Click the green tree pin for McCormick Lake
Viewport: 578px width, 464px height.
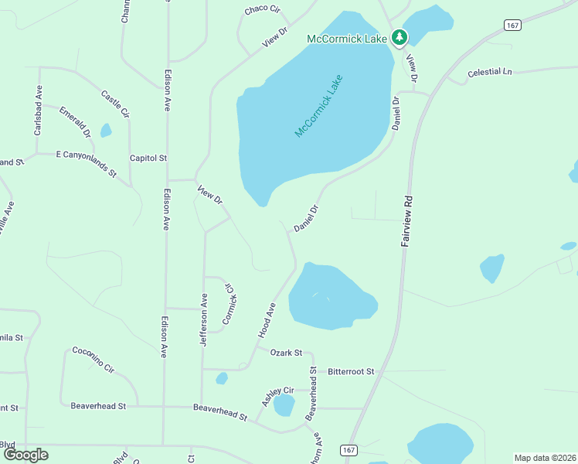[399, 36]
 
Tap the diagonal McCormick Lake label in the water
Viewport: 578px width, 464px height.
[318, 107]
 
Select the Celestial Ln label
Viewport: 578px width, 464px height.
[490, 72]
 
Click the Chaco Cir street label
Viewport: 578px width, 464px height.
[262, 9]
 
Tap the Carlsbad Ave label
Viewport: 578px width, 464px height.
[37, 111]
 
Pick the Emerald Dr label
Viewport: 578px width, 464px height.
[75, 122]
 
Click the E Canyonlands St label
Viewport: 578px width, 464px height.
[86, 163]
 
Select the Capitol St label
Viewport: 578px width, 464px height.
[148, 158]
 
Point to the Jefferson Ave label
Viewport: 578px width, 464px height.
[204, 319]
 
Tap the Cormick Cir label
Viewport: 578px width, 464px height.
[229, 304]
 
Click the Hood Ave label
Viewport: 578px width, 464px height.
[267, 320]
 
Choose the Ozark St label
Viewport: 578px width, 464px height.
[286, 353]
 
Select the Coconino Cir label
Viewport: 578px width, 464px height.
[93, 360]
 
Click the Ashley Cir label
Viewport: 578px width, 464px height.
[277, 396]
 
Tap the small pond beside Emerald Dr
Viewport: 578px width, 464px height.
[106, 131]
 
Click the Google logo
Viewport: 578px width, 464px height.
[25, 455]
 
